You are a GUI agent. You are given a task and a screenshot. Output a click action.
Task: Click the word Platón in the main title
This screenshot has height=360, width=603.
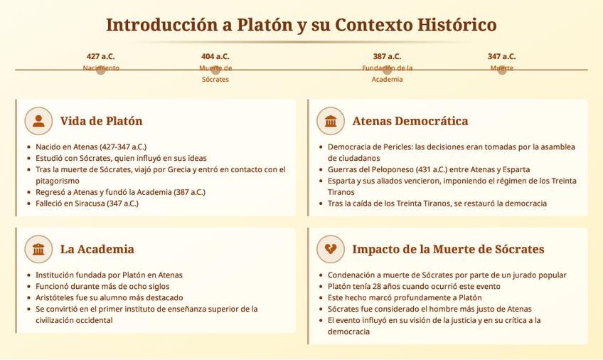click(x=265, y=25)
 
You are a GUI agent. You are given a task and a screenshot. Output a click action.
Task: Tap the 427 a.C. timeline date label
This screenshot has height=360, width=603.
click(x=101, y=56)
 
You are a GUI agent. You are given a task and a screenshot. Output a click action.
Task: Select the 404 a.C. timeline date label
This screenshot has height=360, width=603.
click(x=215, y=56)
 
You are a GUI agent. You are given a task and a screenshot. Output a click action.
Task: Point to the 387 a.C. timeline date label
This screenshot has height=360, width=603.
click(x=387, y=56)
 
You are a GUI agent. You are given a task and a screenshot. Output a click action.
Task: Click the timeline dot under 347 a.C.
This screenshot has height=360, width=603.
click(x=502, y=70)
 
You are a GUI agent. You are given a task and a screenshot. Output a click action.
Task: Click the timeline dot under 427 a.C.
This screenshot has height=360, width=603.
click(x=101, y=70)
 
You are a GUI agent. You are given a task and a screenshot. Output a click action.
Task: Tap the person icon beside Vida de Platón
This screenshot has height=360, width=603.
click(x=38, y=121)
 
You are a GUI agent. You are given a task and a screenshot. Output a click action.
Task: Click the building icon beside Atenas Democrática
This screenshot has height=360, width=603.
click(x=331, y=121)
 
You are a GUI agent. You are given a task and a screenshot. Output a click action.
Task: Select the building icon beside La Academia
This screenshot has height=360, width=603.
click(x=38, y=249)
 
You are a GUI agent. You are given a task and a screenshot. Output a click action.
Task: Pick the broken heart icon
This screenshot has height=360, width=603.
click(x=331, y=249)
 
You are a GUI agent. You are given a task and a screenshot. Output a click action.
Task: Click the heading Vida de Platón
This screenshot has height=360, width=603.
click(x=101, y=121)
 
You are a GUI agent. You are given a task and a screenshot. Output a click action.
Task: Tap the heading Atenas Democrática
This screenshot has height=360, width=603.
click(x=410, y=121)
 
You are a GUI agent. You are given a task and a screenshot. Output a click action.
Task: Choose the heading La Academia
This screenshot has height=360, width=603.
click(x=97, y=249)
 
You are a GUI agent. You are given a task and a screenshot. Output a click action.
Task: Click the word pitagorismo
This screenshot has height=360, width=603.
click(x=58, y=181)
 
